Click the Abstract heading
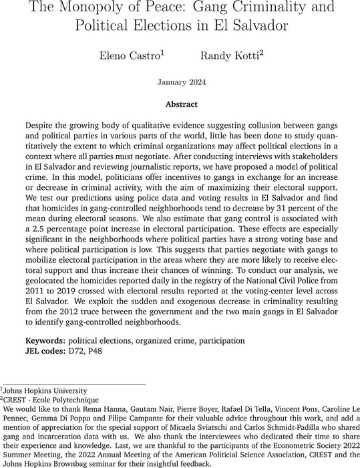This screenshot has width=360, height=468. click(180, 104)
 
